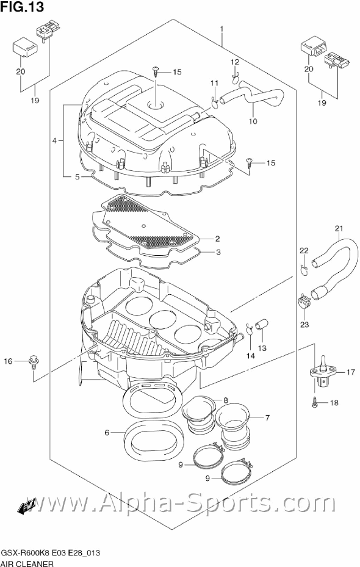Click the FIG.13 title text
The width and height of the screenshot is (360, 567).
coord(23,7)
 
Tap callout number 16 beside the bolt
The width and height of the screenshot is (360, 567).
coord(8,361)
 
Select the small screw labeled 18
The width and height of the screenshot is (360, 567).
coord(315,402)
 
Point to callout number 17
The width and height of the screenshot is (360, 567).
coord(351,372)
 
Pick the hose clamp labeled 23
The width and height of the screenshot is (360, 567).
coord(304,302)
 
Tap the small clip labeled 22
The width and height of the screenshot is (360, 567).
coord(304,270)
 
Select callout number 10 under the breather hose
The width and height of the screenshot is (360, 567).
coord(253,121)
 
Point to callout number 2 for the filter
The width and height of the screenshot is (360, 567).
coord(217,238)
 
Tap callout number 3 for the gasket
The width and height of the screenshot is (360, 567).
coord(218,252)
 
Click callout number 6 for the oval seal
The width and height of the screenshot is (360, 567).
coord(107,433)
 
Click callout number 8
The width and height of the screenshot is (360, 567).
coord(226,400)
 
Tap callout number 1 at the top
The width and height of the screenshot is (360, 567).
coord(222,29)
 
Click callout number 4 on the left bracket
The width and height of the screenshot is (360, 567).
coord(54,140)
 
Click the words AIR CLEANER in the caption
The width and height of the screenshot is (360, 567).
coord(27,563)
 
